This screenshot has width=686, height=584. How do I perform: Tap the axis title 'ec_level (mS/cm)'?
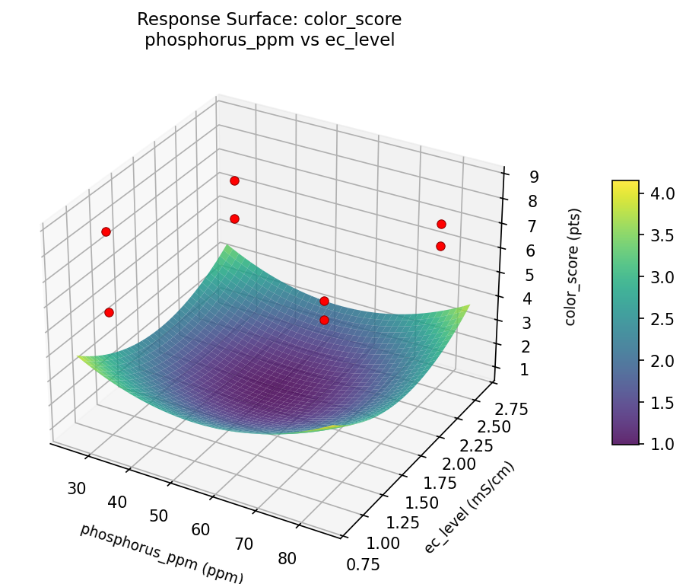(469, 508)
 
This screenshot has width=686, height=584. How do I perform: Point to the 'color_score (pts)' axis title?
(570, 266)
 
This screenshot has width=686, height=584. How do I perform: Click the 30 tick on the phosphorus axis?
(76, 488)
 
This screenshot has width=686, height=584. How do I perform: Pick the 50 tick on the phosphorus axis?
(158, 515)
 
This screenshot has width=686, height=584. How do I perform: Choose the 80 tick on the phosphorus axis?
(287, 558)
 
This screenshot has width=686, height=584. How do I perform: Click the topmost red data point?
(234, 180)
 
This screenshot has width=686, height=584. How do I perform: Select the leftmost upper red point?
(106, 231)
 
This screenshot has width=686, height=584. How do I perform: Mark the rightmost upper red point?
(441, 224)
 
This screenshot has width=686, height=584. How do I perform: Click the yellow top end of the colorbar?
(625, 184)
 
